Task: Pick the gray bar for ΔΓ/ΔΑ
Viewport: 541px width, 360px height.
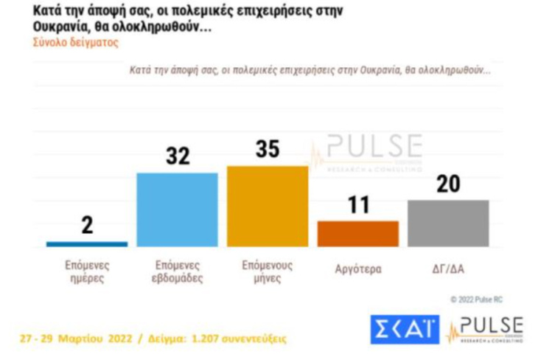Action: click(x=448, y=223)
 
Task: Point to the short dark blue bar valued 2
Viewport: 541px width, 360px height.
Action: click(x=87, y=243)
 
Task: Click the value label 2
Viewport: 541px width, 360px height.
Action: click(x=87, y=226)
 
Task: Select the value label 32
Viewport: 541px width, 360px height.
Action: click(x=178, y=156)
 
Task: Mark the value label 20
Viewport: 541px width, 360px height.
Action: click(x=448, y=184)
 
